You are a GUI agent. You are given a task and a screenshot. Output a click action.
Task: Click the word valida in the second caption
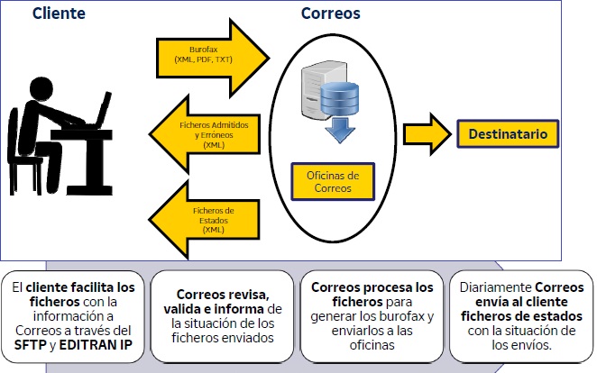tap(197, 309)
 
